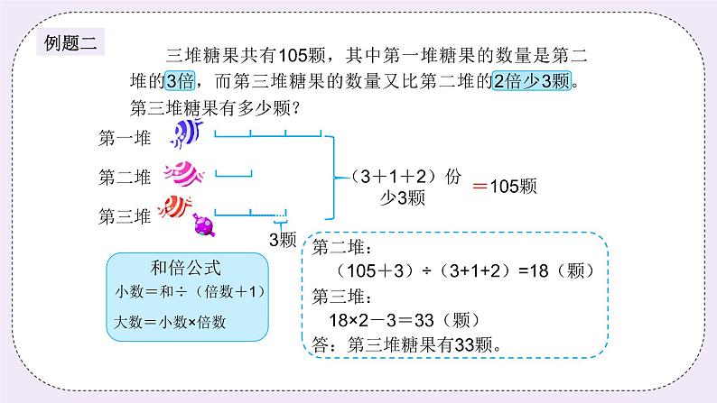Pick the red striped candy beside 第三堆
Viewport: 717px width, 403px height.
pyautogui.click(x=179, y=206)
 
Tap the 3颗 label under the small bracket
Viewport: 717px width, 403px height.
pyautogui.click(x=283, y=241)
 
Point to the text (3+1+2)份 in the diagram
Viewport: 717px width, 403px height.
pyautogui.click(x=392, y=177)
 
